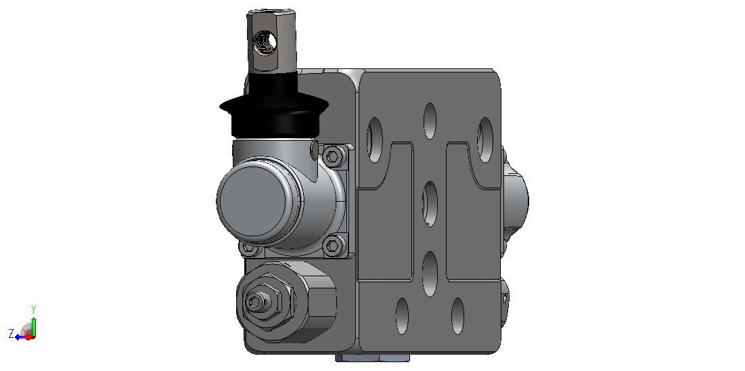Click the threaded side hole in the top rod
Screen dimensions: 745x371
pyautogui.click(x=264, y=43)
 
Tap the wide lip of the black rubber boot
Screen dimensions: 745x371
pyautogui.click(x=273, y=107)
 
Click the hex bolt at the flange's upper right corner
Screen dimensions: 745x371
pyautogui.click(x=334, y=156)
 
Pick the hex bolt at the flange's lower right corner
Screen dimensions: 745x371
pyautogui.click(x=334, y=246)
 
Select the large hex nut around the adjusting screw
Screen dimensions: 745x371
pyautogui.click(x=264, y=301)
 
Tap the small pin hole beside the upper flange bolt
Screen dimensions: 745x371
pyautogui.click(x=314, y=150)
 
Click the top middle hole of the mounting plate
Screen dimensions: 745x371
pyautogui.click(x=430, y=121)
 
